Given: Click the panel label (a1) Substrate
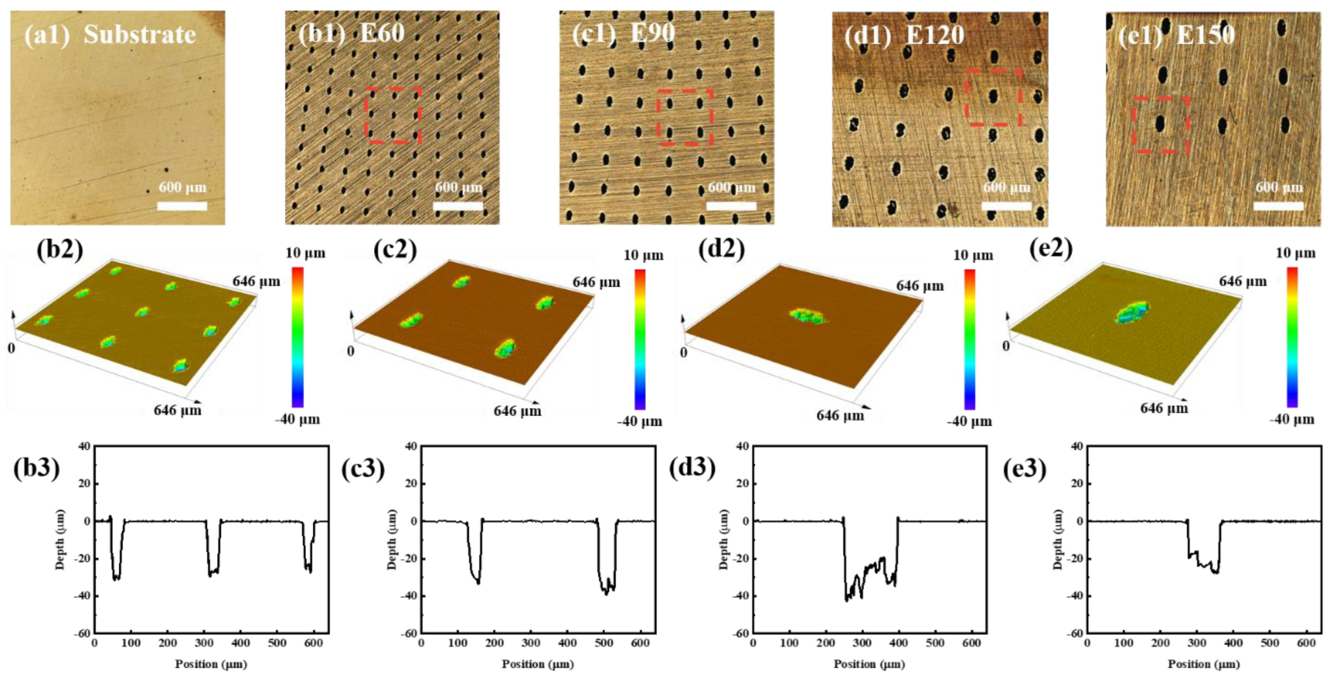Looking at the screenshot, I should [110, 35].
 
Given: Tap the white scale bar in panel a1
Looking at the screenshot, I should [182, 206].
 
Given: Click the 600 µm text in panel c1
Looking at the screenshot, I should [731, 187].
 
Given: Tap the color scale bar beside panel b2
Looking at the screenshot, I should [297, 337].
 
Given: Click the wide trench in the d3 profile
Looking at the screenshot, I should [870, 575].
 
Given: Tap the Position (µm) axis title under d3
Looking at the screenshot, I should [869, 664].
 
